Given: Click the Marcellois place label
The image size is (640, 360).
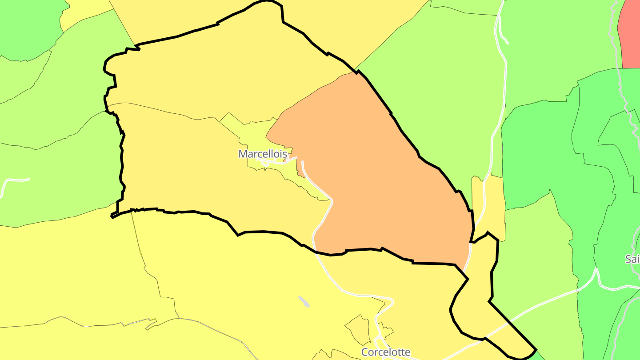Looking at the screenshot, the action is coord(262,154).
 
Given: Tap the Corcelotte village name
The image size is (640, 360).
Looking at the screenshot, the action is coord(385,352).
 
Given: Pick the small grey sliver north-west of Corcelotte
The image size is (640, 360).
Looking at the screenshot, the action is coord(304,301).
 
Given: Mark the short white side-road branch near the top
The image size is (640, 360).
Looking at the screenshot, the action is coord(504,36).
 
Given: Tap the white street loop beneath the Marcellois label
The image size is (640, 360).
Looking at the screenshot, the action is coord(276,163).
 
